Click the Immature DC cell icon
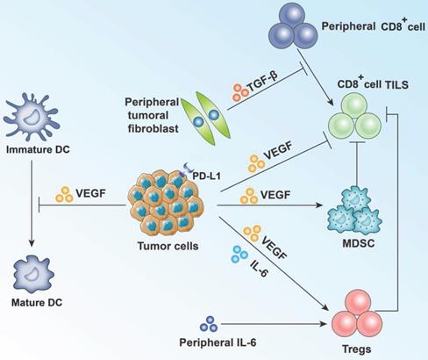click(x=32, y=116)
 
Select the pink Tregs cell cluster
click(x=350, y=307)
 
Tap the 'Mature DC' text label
click(x=32, y=306)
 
